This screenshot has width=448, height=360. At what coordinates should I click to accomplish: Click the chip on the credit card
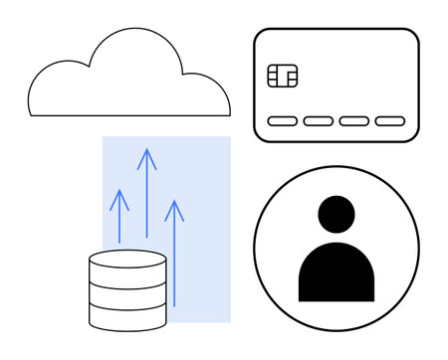(283, 76)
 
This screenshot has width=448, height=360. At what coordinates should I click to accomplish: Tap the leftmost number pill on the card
(283, 121)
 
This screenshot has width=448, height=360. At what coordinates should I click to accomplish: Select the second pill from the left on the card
(319, 121)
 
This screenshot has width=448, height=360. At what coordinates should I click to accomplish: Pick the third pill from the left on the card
(354, 121)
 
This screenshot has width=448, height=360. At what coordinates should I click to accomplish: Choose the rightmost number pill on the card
(390, 121)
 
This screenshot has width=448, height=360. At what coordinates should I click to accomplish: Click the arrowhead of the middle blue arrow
(147, 154)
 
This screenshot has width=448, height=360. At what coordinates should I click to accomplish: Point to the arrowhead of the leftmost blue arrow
(119, 196)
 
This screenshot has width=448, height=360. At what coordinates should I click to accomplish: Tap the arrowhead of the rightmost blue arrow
(174, 207)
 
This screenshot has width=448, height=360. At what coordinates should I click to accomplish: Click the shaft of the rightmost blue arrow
(174, 259)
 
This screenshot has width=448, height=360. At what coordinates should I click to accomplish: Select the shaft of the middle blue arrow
(147, 199)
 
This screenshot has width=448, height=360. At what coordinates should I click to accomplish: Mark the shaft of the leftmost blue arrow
(119, 224)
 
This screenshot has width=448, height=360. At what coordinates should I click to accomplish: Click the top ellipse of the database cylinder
(127, 260)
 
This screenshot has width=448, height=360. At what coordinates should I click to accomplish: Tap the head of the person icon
(336, 215)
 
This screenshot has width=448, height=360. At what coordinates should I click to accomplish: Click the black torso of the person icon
(336, 272)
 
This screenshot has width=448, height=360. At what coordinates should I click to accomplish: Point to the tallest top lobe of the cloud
(133, 45)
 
